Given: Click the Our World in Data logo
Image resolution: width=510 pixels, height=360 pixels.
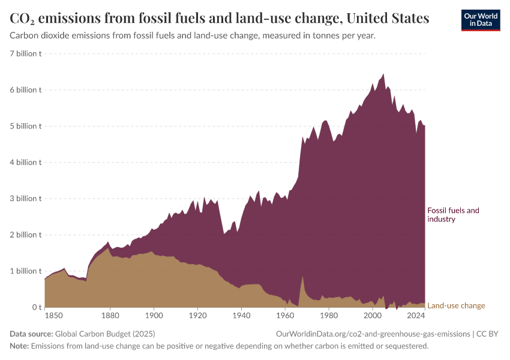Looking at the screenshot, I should pyautogui.click(x=481, y=20).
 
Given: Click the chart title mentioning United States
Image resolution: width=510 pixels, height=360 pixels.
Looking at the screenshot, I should pyautogui.click(x=220, y=19).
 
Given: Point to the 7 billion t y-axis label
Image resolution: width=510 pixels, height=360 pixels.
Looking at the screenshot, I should pyautogui.click(x=26, y=54).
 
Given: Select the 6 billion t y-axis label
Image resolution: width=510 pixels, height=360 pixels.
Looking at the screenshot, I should pyautogui.click(x=26, y=90).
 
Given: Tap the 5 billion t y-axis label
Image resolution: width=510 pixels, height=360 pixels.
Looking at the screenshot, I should pyautogui.click(x=26, y=126).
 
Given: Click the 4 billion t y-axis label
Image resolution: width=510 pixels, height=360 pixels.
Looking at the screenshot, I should pyautogui.click(x=26, y=162).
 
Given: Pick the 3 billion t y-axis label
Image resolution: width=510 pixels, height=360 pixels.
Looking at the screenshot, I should pyautogui.click(x=26, y=199).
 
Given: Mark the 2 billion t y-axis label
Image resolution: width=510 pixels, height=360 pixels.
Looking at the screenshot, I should pyautogui.click(x=26, y=235).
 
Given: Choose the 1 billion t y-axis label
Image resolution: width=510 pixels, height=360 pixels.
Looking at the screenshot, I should pyautogui.click(x=26, y=271).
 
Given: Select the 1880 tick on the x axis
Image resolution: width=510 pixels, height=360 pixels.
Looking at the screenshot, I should pyautogui.click(x=110, y=315).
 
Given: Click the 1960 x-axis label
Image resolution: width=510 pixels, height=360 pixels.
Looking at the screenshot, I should pyautogui.click(x=285, y=315).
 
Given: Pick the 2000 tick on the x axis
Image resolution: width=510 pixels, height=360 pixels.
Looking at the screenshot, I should pyautogui.click(x=373, y=315).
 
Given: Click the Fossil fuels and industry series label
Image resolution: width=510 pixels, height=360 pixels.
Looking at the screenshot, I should pyautogui.click(x=453, y=215).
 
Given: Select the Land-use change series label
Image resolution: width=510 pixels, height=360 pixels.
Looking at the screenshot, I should pyautogui.click(x=456, y=305).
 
